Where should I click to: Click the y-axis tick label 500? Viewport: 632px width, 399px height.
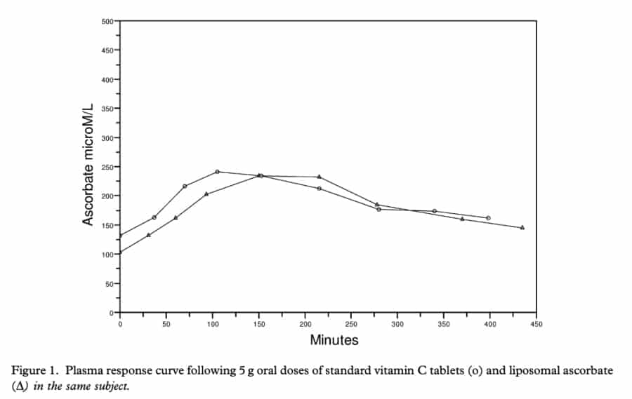click(x=107, y=21)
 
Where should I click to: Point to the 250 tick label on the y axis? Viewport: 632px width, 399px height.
click(x=107, y=167)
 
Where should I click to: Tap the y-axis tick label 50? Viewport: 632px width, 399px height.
click(x=110, y=284)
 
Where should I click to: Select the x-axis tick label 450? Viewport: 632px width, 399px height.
click(x=536, y=324)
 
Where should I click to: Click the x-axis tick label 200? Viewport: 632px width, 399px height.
click(x=305, y=324)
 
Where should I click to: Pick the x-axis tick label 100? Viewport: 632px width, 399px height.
click(x=213, y=324)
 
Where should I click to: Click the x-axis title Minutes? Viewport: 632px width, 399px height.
click(x=334, y=340)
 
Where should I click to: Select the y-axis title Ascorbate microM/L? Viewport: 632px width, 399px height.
click(x=88, y=164)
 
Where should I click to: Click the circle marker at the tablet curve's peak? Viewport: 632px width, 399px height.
click(x=217, y=172)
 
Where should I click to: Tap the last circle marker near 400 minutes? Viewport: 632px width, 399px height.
click(x=489, y=218)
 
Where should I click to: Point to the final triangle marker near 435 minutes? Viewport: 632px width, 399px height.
click(x=522, y=227)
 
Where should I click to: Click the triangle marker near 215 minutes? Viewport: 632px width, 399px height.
click(x=320, y=177)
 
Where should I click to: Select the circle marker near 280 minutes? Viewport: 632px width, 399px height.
click(x=379, y=210)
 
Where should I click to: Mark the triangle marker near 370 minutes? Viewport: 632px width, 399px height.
click(x=462, y=219)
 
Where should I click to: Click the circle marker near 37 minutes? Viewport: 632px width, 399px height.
click(x=154, y=217)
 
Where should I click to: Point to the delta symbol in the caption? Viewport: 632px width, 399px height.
click(x=20, y=386)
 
